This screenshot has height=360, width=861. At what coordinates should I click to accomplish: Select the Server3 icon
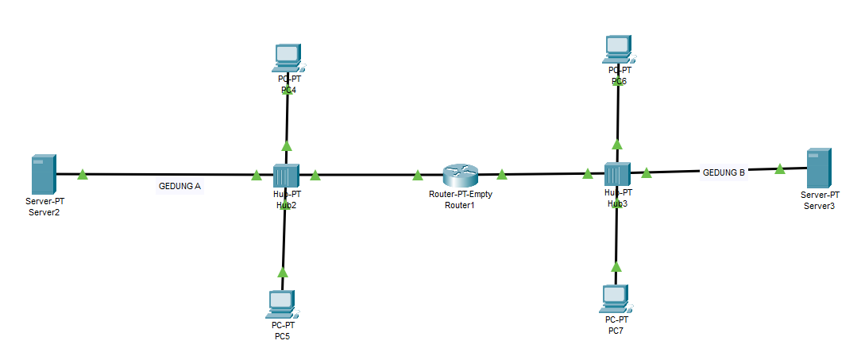click(819, 168)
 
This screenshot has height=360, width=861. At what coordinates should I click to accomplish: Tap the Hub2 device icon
click(285, 175)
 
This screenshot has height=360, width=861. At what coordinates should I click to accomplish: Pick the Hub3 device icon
click(616, 174)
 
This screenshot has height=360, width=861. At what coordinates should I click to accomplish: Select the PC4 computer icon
click(288, 56)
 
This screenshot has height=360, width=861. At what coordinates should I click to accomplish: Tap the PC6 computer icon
click(618, 48)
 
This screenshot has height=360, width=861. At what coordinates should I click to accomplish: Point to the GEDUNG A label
click(180, 187)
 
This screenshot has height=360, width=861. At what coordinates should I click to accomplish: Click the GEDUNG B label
click(723, 172)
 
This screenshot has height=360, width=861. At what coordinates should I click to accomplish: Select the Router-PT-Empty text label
click(459, 195)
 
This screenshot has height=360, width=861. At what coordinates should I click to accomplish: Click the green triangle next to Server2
click(82, 174)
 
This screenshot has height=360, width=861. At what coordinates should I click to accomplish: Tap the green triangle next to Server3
click(780, 168)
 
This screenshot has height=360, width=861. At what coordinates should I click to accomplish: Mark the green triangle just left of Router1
click(418, 174)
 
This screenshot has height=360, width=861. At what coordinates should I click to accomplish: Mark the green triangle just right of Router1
click(502, 174)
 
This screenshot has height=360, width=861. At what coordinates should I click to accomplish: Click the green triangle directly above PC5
click(283, 272)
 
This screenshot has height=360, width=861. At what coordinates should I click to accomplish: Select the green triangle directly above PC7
click(616, 267)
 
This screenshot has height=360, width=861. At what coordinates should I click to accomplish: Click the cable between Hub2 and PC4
click(287, 119)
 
